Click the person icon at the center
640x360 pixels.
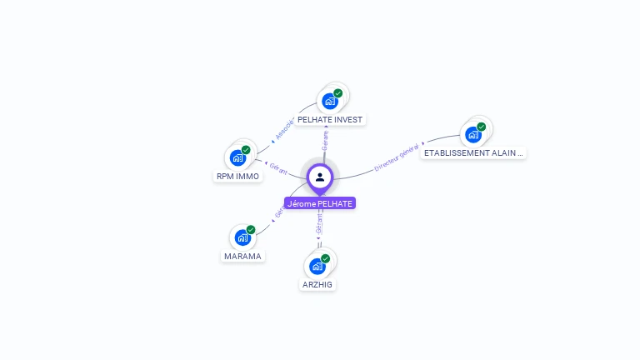click(320, 177)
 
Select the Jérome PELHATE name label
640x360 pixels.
click(320, 203)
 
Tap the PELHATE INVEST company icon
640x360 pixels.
click(330, 101)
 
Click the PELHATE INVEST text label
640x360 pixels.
click(330, 119)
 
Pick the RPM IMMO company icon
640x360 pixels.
click(238, 157)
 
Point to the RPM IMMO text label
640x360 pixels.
click(238, 176)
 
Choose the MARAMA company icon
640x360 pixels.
click(242, 237)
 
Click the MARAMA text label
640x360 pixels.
click(243, 256)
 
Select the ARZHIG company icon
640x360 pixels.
click(317, 266)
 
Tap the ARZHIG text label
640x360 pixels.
click(317, 284)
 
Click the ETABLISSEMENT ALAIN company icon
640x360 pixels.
click(473, 134)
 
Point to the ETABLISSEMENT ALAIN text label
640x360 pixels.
click(473, 153)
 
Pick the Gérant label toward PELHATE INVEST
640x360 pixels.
click(325, 141)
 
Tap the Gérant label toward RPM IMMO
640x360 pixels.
click(278, 169)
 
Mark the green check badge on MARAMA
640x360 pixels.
click(251, 229)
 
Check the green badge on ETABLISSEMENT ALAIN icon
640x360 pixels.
click(482, 127)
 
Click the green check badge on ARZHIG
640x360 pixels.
click(325, 258)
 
